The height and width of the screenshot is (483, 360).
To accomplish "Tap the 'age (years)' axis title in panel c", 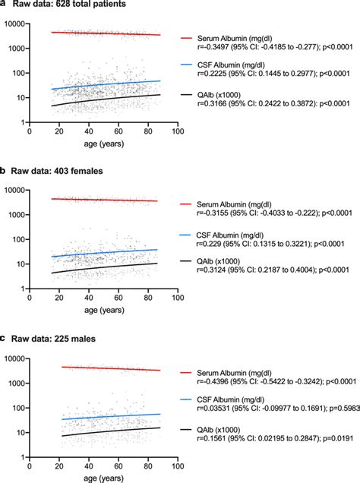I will pos(102,477).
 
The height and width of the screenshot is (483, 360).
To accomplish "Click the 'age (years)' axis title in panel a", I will pos(102,143).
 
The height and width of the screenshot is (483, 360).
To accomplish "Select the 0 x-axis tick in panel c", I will pos(29,464).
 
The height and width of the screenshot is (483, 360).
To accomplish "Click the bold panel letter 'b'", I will pos(4,171).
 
